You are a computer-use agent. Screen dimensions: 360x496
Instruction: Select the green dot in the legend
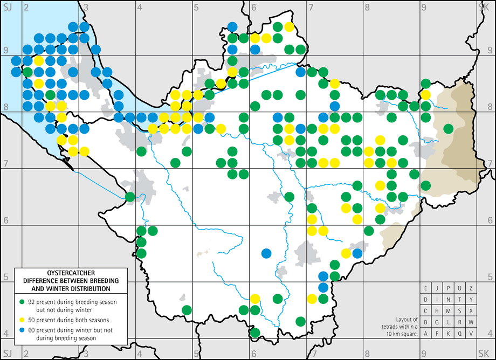pos(22,301)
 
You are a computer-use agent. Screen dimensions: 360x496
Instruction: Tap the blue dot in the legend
pos(22,330)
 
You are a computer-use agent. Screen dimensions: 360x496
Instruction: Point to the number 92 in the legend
pos(32,301)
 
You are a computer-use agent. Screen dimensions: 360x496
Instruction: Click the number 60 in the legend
pos(32,330)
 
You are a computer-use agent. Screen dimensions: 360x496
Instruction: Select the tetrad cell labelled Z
pos(471,288)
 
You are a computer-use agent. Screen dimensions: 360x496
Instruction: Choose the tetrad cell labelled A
pos(426,333)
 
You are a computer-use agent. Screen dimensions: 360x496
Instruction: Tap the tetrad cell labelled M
pos(449,310)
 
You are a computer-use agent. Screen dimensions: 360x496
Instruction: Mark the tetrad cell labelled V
pos(471,333)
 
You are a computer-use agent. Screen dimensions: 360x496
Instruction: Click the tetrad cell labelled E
pos(426,288)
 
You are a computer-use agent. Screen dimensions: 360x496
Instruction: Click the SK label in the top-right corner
pos(484,6)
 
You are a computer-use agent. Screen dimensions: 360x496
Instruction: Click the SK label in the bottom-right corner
pos(484,352)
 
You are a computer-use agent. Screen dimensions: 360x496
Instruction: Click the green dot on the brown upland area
pos(447,128)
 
